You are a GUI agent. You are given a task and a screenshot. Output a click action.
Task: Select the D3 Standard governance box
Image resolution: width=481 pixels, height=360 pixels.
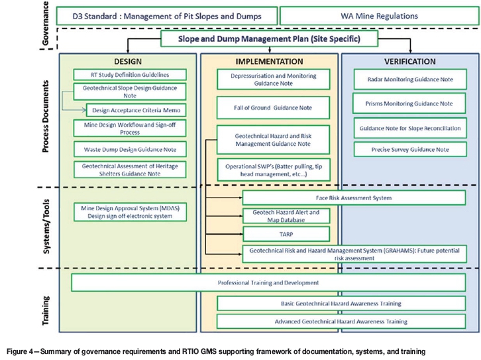[166, 14]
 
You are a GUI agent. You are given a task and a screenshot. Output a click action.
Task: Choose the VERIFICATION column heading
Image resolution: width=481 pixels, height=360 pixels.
[409, 60]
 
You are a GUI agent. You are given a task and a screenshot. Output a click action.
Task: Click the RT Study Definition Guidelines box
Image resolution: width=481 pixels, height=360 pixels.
[130, 74]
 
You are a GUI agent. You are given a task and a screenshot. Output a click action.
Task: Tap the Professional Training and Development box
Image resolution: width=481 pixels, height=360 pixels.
[268, 282]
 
